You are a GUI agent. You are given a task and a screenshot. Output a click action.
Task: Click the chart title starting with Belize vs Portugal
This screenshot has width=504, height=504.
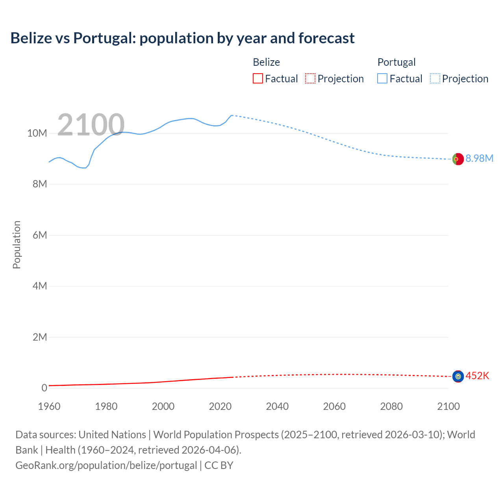coord(182,38)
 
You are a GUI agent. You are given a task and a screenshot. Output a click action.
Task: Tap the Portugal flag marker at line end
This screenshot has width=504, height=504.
coord(458,159)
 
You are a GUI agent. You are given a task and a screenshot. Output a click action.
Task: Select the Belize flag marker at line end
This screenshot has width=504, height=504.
coord(458,376)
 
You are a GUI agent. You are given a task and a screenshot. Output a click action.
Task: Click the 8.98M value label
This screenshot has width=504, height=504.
coord(479,158)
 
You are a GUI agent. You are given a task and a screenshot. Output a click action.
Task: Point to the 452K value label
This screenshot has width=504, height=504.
coord(477,376)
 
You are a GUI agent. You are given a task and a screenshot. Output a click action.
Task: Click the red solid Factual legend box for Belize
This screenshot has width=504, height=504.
coord(258,79)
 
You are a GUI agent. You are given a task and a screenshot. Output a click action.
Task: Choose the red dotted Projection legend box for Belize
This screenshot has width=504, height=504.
coord(310,79)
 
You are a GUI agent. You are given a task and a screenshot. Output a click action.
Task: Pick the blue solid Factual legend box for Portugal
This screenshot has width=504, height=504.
coord(382,79)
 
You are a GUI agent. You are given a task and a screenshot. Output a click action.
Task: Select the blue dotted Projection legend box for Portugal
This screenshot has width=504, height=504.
coord(435,79)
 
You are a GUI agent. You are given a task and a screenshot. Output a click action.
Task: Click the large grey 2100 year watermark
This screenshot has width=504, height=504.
coord(91,125)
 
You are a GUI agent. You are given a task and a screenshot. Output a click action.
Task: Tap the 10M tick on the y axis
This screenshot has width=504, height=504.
coord(37,133)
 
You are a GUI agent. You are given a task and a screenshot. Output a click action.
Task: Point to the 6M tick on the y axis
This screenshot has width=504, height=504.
coord(40,235)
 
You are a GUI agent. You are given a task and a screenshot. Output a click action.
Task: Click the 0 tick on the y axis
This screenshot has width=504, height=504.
coord(44,388)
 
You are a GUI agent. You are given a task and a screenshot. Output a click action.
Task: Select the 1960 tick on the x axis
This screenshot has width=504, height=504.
coord(49,406)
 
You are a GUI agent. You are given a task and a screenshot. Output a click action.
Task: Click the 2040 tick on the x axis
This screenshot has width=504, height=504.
coord(277,406)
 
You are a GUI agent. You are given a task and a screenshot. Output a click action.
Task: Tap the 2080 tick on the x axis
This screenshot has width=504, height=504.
coord(391,406)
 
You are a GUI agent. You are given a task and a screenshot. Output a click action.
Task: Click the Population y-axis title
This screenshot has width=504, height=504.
coord(17,245)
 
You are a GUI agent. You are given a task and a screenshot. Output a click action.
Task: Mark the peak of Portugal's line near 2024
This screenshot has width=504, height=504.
coord(232,115)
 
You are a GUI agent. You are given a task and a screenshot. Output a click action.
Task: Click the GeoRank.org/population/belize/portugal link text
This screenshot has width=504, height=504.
coord(106,465)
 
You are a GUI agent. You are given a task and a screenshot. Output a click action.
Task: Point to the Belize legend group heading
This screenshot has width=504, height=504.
coord(266,62)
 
